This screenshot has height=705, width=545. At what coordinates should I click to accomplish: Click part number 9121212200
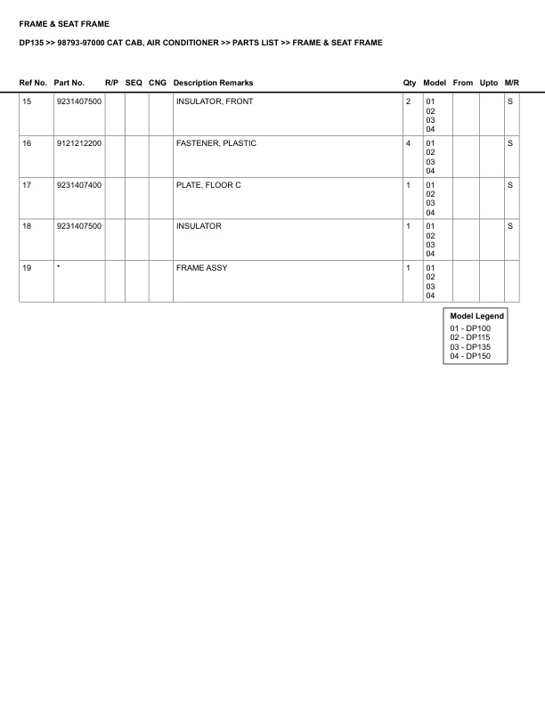pyautogui.click(x=78, y=143)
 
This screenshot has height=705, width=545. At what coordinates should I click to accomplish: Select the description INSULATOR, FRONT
pyautogui.click(x=215, y=101)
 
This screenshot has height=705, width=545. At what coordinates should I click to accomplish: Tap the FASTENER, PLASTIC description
pyautogui.click(x=216, y=143)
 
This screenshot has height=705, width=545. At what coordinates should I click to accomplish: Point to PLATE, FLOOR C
pyautogui.click(x=208, y=185)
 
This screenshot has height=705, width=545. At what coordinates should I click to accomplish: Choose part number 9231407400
pyautogui.click(x=78, y=185)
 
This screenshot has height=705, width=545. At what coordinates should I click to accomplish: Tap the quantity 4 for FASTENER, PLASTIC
pyautogui.click(x=408, y=143)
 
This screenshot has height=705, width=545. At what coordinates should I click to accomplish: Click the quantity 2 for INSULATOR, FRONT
pyautogui.click(x=408, y=101)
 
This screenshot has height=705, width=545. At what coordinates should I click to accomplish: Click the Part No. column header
pyautogui.click(x=69, y=83)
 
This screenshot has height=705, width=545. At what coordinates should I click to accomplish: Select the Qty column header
pyautogui.click(x=410, y=83)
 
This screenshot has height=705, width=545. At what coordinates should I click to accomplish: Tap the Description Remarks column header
pyautogui.click(x=213, y=83)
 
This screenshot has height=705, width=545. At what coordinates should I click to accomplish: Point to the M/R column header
pyautogui.click(x=511, y=83)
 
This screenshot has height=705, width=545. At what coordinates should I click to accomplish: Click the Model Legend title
pyautogui.click(x=477, y=316)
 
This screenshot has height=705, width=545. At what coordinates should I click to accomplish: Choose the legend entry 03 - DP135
pyautogui.click(x=470, y=346)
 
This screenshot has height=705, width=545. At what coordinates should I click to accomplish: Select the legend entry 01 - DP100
pyautogui.click(x=470, y=328)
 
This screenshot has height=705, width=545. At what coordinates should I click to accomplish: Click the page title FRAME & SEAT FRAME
pyautogui.click(x=64, y=24)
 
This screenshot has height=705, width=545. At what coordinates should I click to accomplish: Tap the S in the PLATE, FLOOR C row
pyautogui.click(x=510, y=185)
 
